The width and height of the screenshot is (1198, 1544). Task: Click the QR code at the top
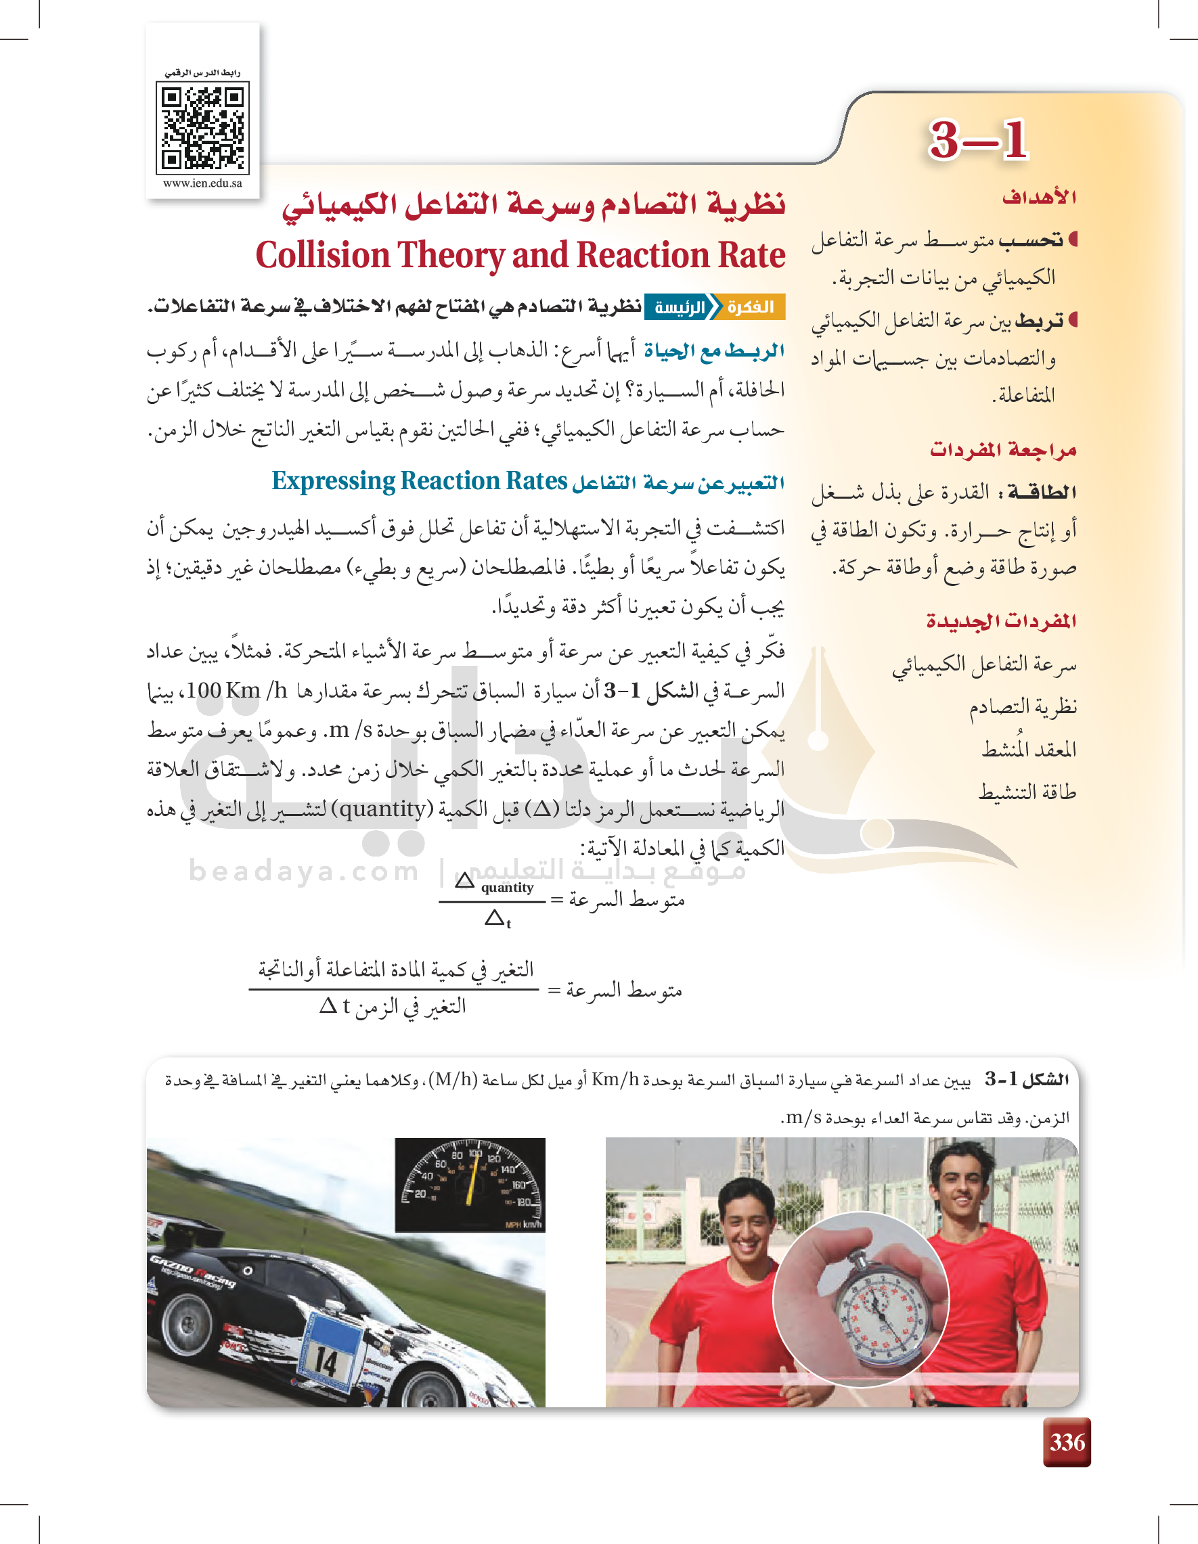pyautogui.click(x=202, y=128)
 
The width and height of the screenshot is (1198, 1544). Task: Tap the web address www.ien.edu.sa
pyautogui.click(x=202, y=184)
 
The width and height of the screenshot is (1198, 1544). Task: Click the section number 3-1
pyautogui.click(x=977, y=140)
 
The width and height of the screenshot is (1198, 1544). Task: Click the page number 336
pyautogui.click(x=1067, y=1443)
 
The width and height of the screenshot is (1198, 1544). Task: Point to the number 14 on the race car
pyautogui.click(x=326, y=1361)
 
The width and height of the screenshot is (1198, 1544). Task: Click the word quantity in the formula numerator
pyautogui.click(x=507, y=888)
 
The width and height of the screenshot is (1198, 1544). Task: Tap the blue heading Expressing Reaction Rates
pyautogui.click(x=420, y=482)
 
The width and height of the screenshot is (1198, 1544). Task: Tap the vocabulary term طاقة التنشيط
pyautogui.click(x=1027, y=792)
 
